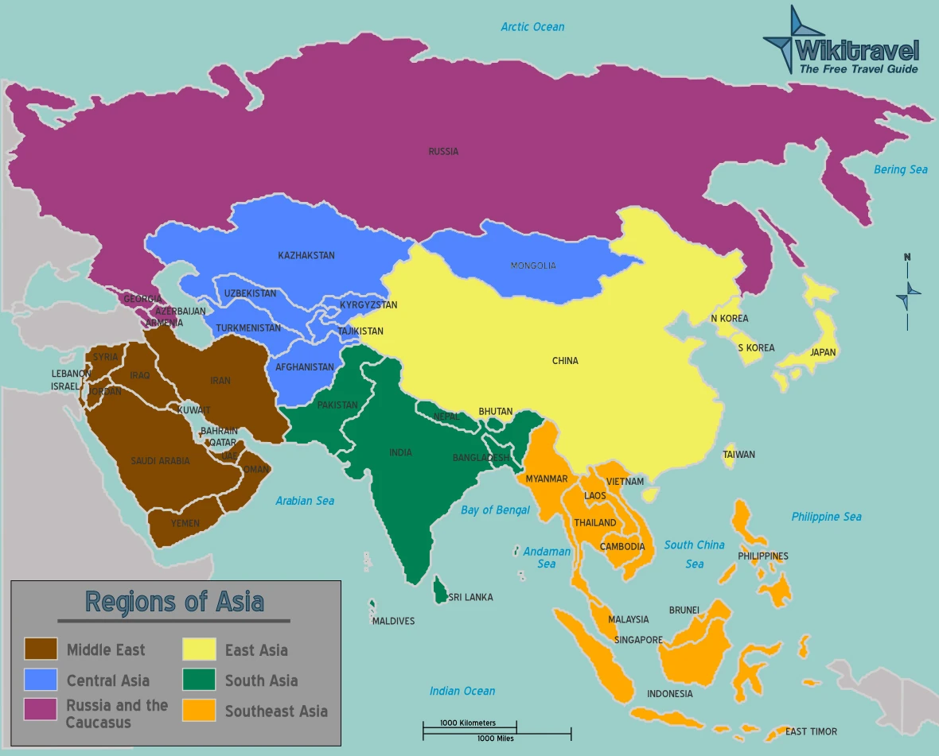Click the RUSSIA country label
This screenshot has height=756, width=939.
tap(443, 151)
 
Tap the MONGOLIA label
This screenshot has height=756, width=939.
tap(533, 266)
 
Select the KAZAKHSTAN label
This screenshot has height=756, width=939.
tap(306, 255)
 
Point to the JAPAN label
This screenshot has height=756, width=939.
tap(823, 352)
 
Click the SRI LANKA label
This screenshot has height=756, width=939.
tap(470, 597)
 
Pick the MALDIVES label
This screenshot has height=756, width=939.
tap(393, 621)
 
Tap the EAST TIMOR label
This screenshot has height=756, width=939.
tap(811, 731)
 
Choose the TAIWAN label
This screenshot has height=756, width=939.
tap(738, 455)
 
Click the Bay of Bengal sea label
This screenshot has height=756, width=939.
tap(495, 510)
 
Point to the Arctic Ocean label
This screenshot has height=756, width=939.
tap(532, 27)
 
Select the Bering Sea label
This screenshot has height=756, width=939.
tap(901, 169)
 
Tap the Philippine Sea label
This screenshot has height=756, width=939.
tap(826, 517)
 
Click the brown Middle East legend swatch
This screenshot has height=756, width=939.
tap(41, 649)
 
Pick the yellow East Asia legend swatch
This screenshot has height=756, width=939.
tap(199, 649)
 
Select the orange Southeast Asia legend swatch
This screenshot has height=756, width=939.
tap(199, 710)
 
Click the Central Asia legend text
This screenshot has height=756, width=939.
tap(107, 680)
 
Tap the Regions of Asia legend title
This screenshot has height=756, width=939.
tap(174, 601)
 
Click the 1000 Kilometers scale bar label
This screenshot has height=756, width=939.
tap(468, 723)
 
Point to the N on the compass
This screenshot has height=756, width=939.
tap(906, 257)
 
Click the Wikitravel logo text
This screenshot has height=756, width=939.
tap(856, 51)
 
